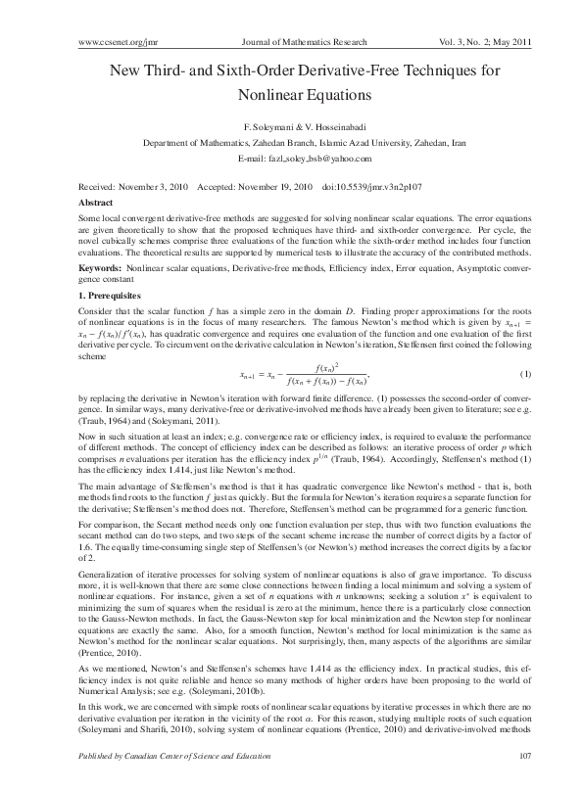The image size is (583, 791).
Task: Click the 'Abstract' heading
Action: (95, 201)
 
